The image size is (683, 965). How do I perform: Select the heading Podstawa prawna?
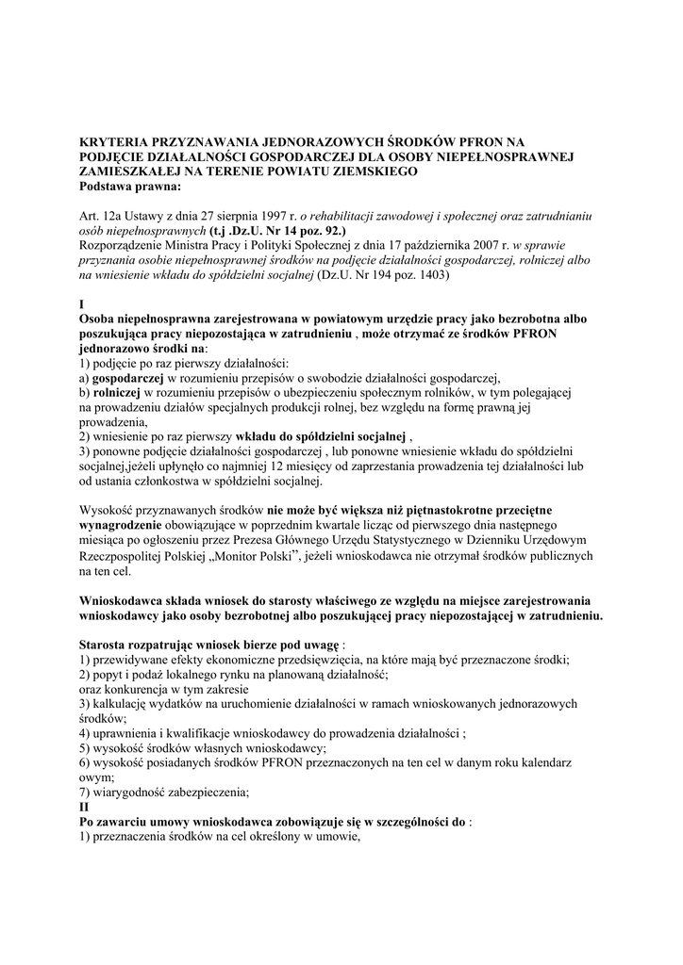coord(138,186)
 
